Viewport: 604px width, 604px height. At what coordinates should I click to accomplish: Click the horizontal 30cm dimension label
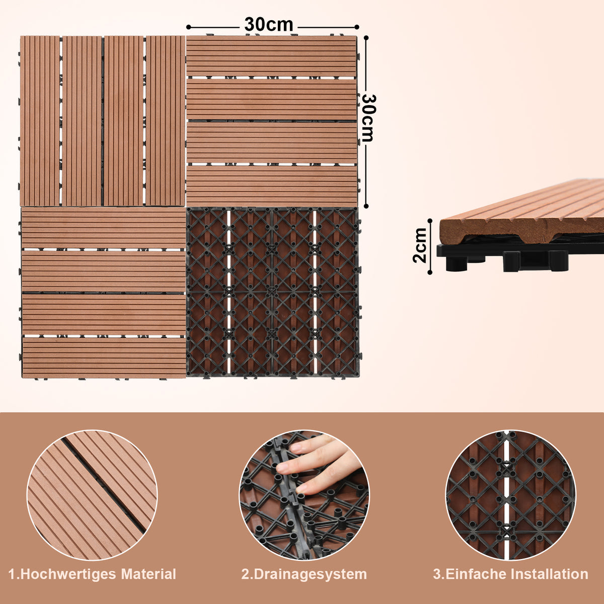coord(268,24)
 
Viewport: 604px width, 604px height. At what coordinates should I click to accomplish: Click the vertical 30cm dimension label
coord(369,118)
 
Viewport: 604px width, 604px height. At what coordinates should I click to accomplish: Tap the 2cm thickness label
coord(420,245)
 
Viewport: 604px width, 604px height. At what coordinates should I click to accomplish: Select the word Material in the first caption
coord(148,574)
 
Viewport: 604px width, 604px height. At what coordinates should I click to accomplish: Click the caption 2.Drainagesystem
coord(304,574)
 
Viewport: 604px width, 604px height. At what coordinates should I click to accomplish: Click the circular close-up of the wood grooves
coord(92,495)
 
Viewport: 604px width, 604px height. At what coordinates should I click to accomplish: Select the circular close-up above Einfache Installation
coord(510,495)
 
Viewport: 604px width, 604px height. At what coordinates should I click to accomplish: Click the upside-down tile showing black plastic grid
coord(273,292)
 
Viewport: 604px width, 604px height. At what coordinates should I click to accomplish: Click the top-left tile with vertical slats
coord(103,121)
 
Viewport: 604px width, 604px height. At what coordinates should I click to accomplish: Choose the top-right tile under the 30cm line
coord(272,121)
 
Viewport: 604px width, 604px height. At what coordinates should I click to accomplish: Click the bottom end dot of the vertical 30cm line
coord(366,206)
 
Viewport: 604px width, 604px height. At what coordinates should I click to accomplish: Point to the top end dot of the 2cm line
coord(430,220)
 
